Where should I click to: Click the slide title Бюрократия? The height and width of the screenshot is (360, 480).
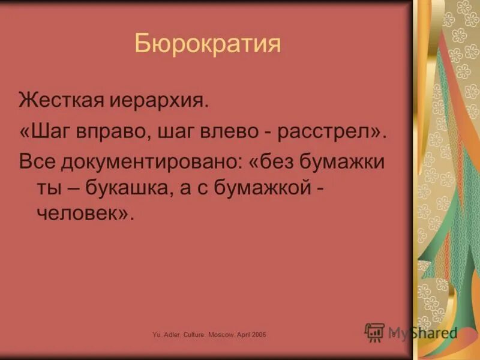point(208,44)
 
